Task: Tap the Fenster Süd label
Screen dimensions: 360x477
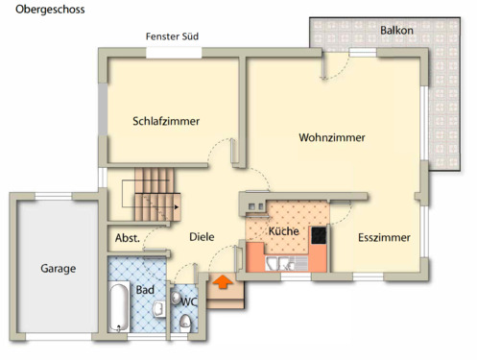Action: click(172, 36)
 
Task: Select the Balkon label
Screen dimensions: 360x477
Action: click(396, 31)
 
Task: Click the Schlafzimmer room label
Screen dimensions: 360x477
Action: click(166, 121)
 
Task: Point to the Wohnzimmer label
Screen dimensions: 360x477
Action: click(331, 138)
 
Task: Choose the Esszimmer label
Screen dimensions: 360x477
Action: click(384, 237)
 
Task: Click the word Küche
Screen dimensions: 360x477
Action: click(283, 231)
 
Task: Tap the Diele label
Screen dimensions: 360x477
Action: click(202, 237)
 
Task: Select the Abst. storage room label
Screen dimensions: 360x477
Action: click(128, 238)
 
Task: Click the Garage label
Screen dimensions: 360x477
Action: click(58, 269)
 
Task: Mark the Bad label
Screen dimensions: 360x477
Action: click(145, 289)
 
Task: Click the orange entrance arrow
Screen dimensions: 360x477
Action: click(221, 282)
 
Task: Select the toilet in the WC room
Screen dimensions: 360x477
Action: click(182, 323)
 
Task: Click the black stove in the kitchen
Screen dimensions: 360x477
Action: click(317, 234)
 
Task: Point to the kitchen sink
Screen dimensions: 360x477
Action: click(278, 263)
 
